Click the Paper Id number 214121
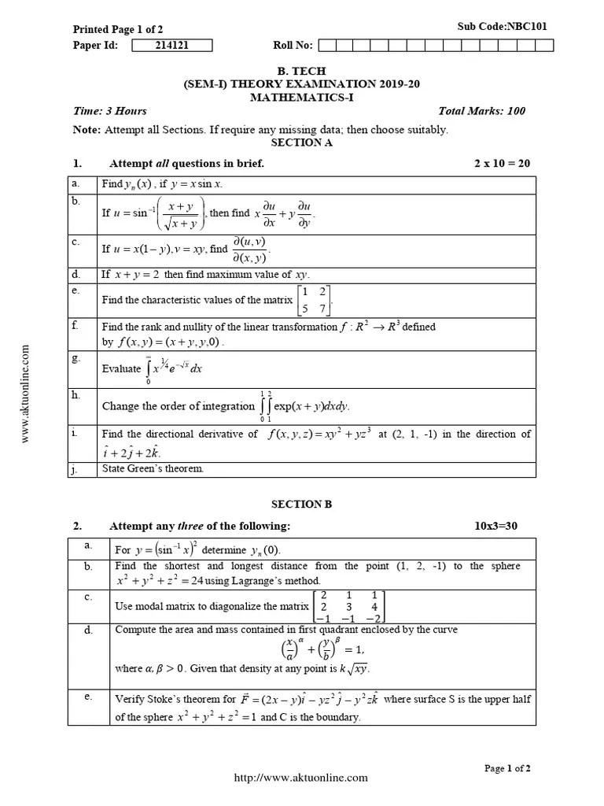point(171,45)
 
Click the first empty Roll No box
point(326,45)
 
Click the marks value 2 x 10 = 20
point(502,164)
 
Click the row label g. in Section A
point(76,358)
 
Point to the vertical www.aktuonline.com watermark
point(26,394)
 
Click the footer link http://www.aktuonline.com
point(301,778)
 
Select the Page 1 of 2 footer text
point(507,768)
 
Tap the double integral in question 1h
point(267,406)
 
